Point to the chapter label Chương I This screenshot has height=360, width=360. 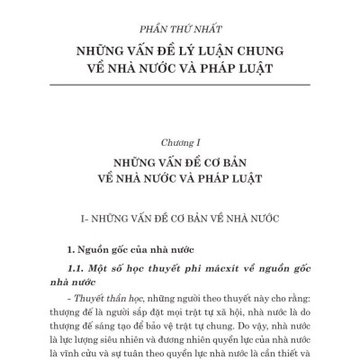point(180,141)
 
